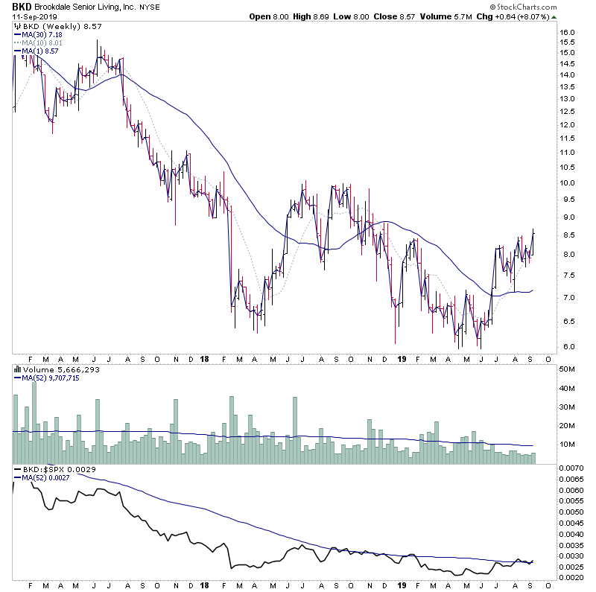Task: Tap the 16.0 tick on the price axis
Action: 568,33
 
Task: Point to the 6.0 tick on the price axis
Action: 567,346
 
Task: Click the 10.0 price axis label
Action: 568,182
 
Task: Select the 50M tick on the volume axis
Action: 568,369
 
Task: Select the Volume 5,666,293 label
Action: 55,368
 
